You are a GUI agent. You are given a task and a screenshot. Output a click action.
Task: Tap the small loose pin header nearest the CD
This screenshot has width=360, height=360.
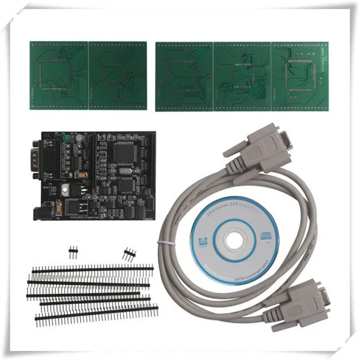click(128, 253)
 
